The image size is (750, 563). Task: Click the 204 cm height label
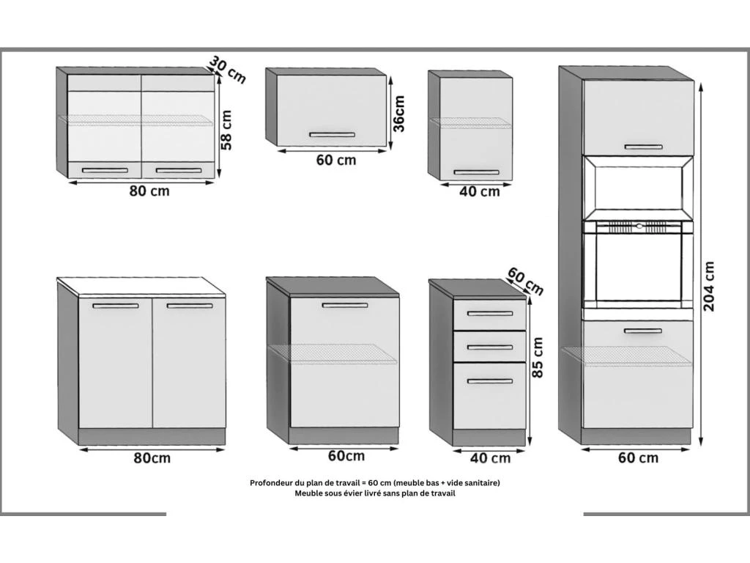click(709, 286)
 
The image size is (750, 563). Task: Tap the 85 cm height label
click(538, 357)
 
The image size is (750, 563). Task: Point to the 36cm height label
click(398, 114)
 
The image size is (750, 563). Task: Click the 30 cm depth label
click(228, 68)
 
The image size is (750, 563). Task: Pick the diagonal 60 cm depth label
click(526, 281)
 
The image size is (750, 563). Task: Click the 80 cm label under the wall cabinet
click(149, 191)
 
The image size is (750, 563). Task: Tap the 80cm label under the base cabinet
click(152, 458)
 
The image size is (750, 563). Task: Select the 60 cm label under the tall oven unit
click(638, 458)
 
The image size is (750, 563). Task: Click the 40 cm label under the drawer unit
click(490, 458)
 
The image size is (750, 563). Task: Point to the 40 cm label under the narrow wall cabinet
click(479, 191)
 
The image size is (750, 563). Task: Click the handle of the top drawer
click(490, 314)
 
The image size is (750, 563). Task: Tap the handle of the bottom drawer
click(490, 381)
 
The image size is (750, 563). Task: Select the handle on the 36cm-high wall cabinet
click(332, 135)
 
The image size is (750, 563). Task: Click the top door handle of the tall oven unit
click(638, 147)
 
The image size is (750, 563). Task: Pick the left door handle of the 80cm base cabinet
click(115, 306)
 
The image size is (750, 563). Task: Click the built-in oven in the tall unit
click(637, 264)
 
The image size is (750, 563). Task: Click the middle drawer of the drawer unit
click(490, 347)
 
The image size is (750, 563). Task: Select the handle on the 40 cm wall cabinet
click(476, 172)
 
